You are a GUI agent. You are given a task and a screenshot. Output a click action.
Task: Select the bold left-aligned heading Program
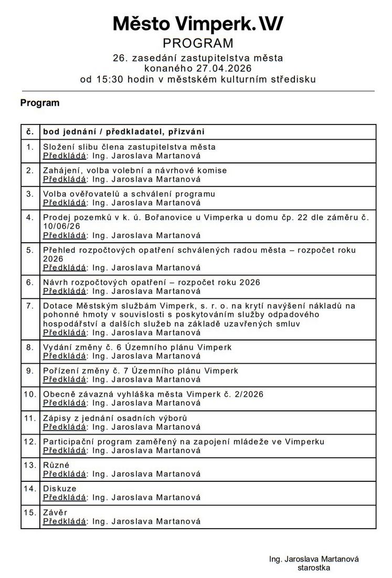[x=40, y=103]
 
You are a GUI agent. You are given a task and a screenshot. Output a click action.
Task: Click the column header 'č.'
[x=30, y=131]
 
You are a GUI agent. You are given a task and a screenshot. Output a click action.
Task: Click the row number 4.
[x=30, y=217]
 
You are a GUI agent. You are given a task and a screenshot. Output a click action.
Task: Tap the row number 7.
[x=30, y=305]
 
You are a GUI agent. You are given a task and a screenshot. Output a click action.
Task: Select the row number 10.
[x=30, y=394]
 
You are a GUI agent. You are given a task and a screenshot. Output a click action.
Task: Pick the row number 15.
[x=30, y=512]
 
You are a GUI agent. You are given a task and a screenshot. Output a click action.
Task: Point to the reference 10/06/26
[x=60, y=226]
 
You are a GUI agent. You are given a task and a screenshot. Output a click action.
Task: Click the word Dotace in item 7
[x=57, y=305]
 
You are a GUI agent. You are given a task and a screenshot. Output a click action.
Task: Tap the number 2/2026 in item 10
[x=248, y=394]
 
